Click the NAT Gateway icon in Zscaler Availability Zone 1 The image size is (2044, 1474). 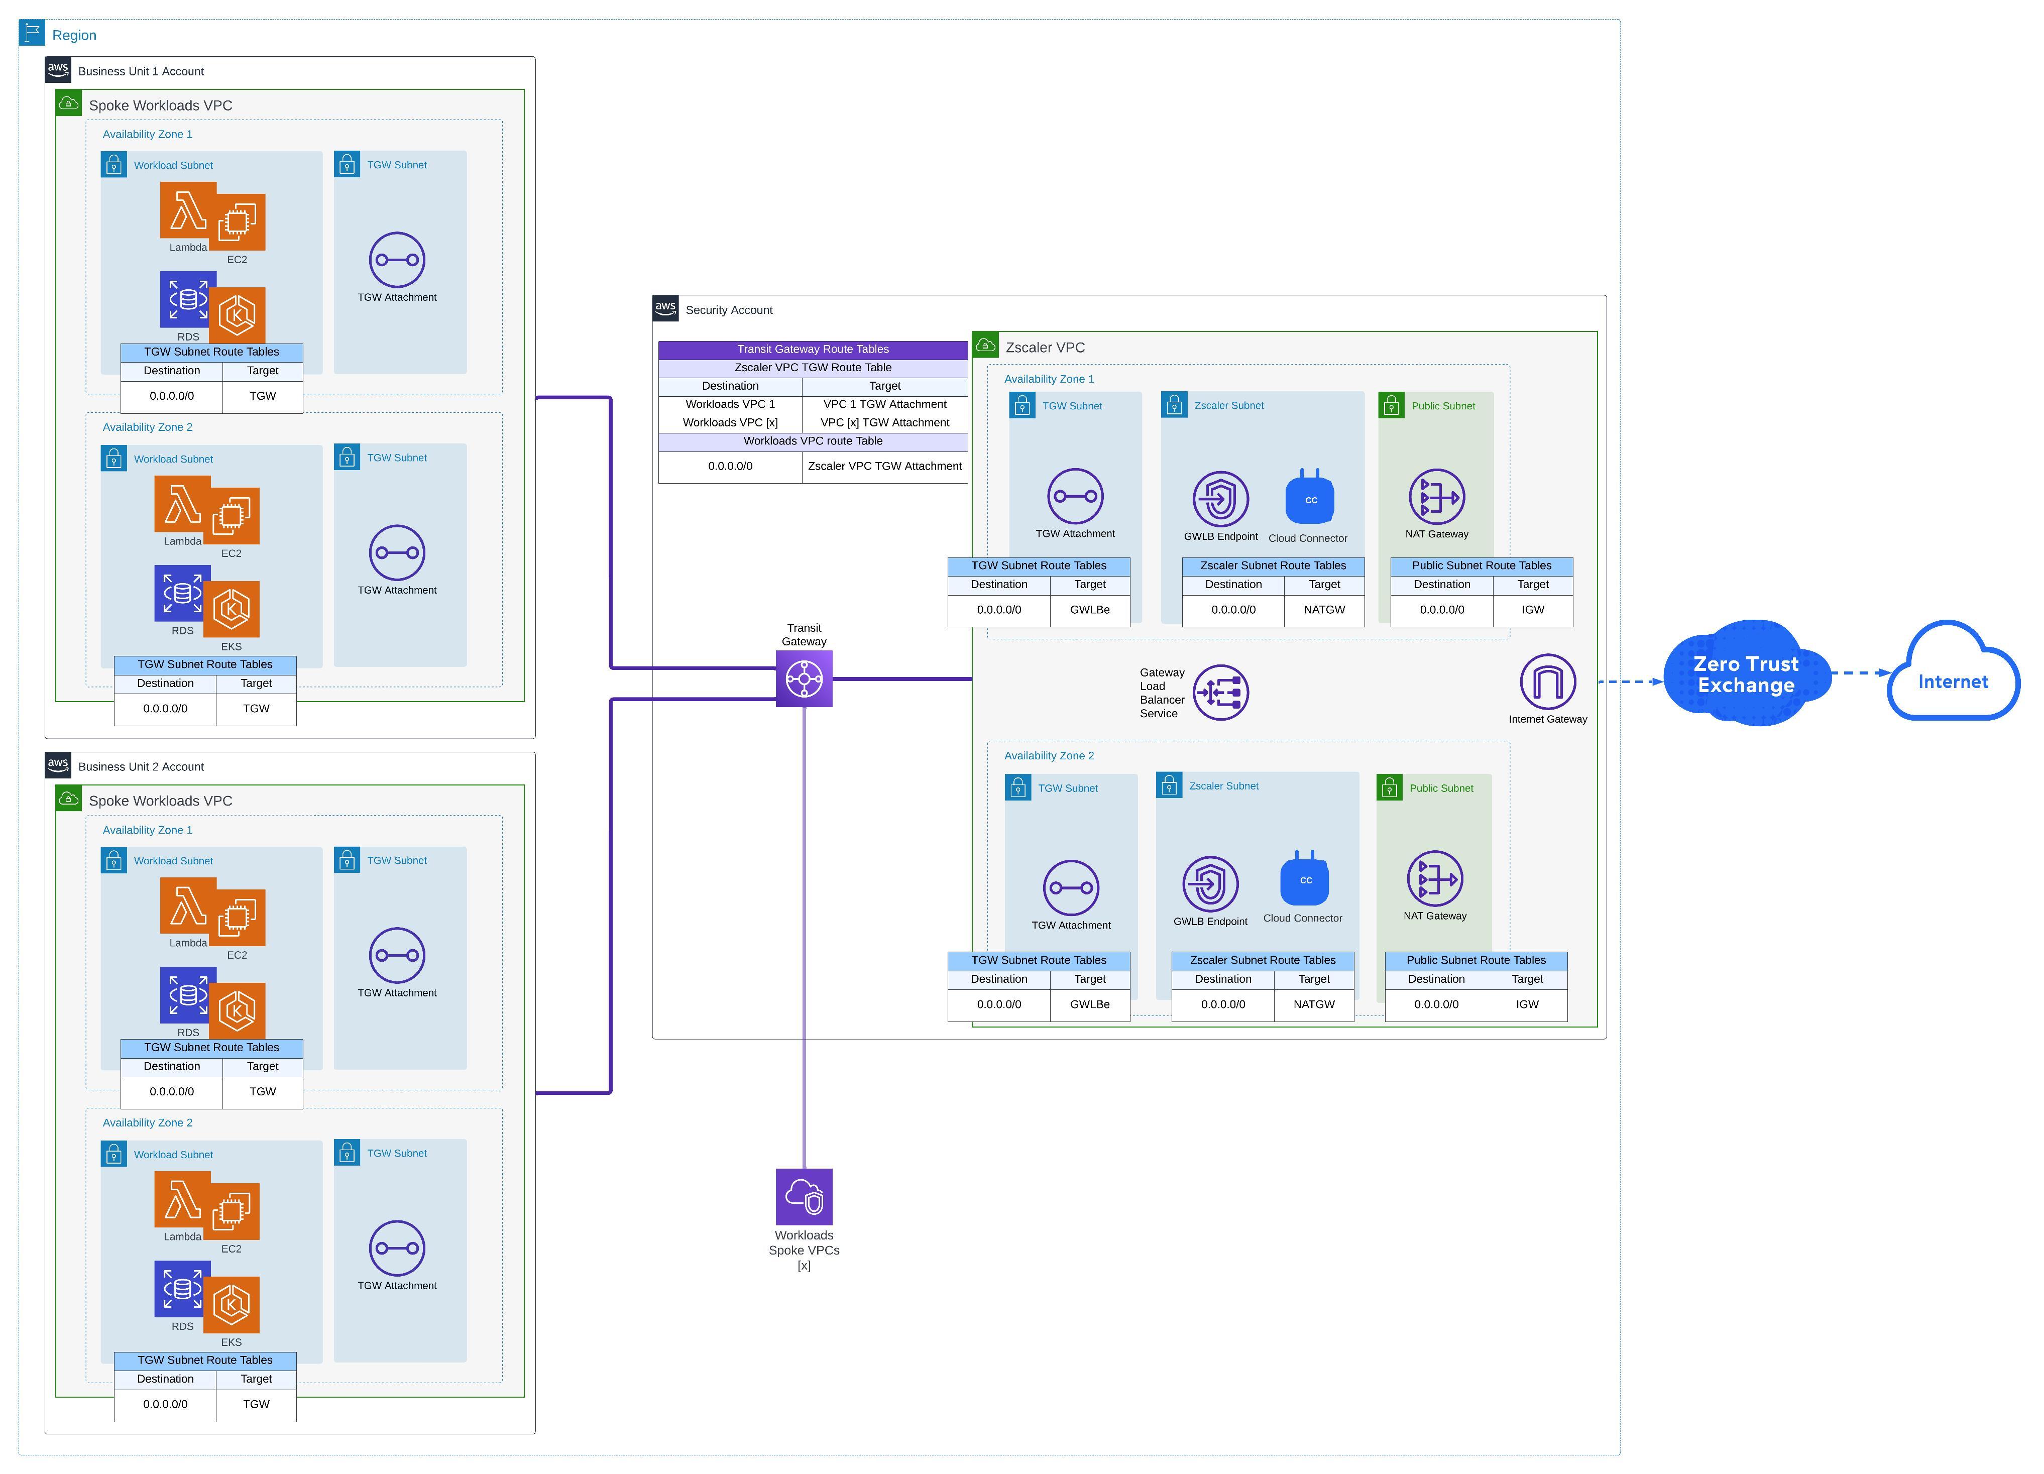(x=1436, y=496)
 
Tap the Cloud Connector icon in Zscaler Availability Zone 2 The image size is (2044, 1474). (x=1305, y=878)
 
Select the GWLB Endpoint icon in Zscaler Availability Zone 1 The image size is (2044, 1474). (x=1220, y=498)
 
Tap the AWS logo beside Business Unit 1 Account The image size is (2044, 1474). (x=58, y=69)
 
